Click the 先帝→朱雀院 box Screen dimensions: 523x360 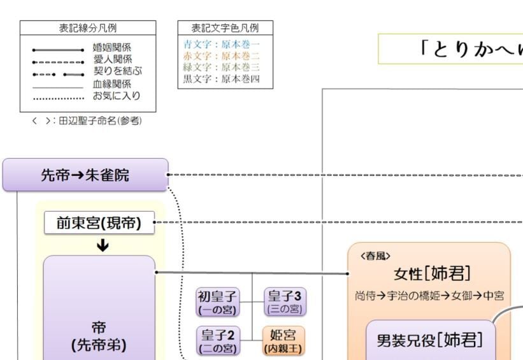pyautogui.click(x=85, y=175)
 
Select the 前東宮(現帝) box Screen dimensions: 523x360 pyautogui.click(x=99, y=223)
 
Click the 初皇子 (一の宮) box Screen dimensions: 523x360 pyautogui.click(x=217, y=302)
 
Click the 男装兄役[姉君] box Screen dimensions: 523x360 pyautogui.click(x=431, y=340)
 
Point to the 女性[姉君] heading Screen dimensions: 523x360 pyautogui.click(x=433, y=274)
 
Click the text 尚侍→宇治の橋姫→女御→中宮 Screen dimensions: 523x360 pyautogui.click(x=430, y=296)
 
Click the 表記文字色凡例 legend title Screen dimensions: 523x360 pyautogui.click(x=225, y=28)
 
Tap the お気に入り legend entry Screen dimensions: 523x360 pyautogui.click(x=117, y=96)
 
